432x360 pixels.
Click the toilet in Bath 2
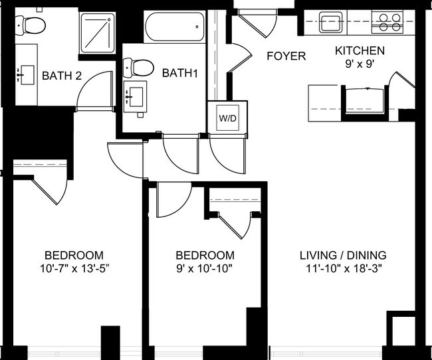tap(31, 26)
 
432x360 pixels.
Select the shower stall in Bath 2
tap(98, 31)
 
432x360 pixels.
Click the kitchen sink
tap(330, 22)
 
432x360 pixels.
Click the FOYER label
tap(286, 56)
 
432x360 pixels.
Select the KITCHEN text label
tap(360, 51)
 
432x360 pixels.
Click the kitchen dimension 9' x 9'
tap(360, 65)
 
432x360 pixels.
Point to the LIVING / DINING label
tap(343, 256)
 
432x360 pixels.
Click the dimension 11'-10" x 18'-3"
tap(343, 270)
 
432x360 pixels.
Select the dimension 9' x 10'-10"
tap(205, 270)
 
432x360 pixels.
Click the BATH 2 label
tap(62, 76)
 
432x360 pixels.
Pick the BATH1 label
tap(180, 72)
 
